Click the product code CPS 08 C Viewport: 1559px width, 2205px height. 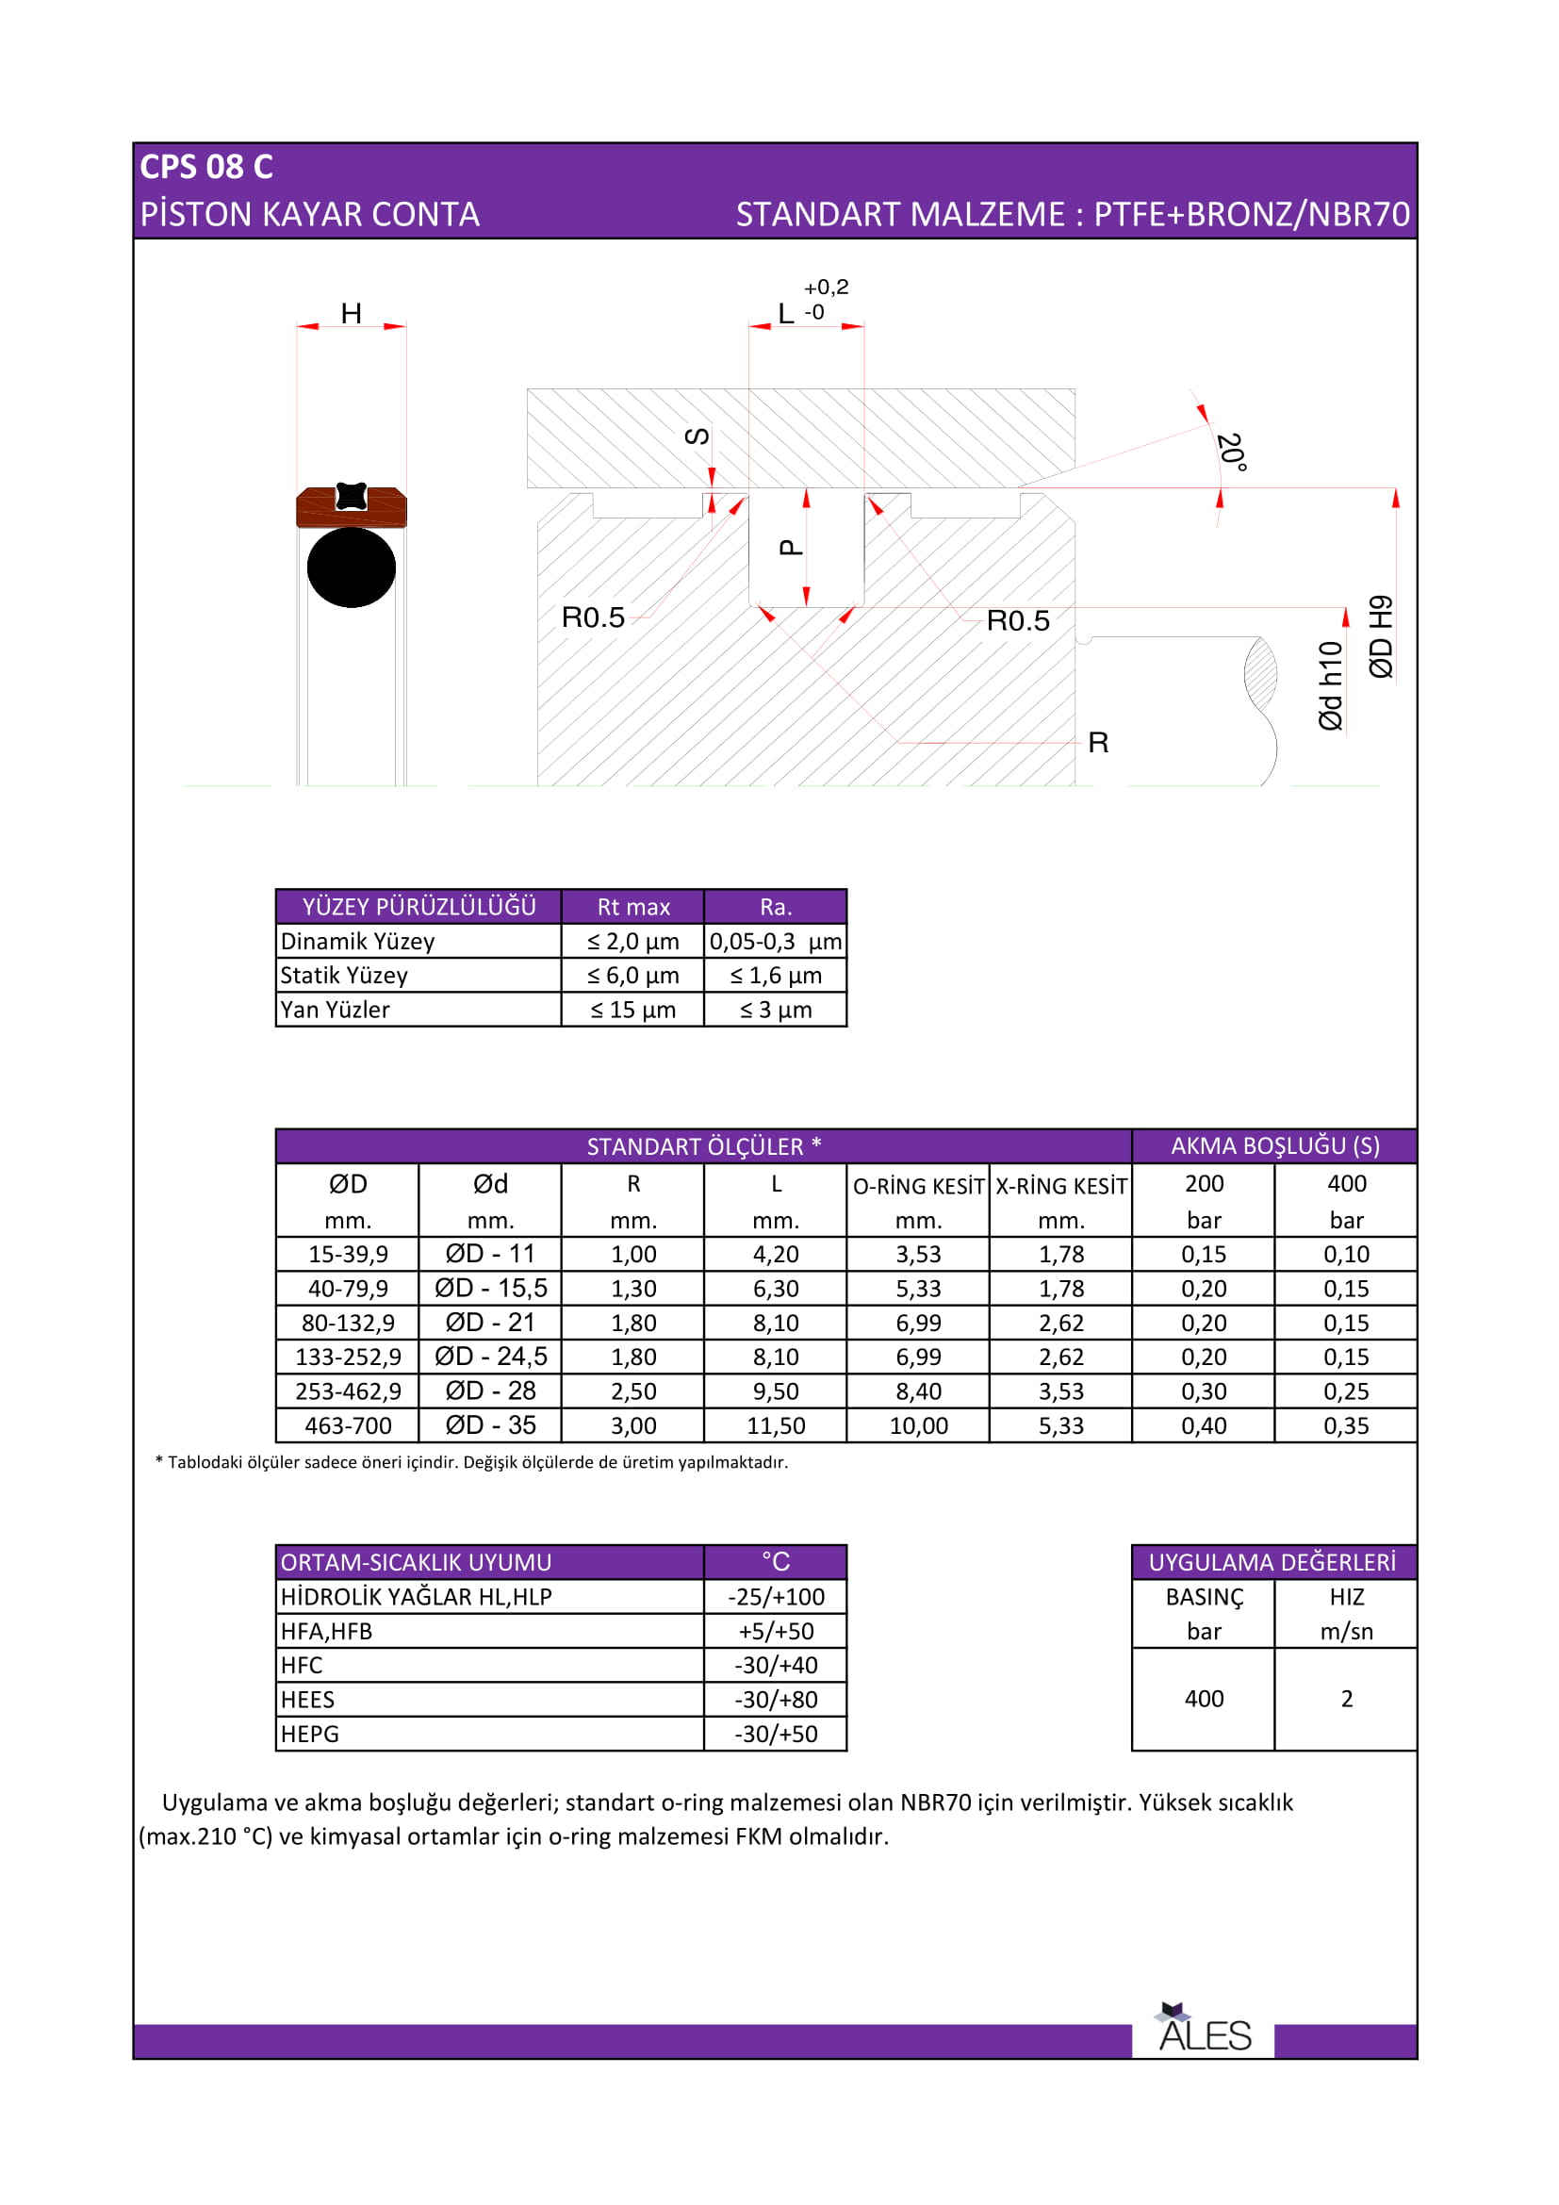(206, 167)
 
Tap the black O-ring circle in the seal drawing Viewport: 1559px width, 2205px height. (352, 567)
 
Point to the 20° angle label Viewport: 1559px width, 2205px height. (1231, 452)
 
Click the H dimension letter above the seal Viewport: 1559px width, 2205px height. (352, 313)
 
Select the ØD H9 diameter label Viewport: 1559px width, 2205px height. (1381, 636)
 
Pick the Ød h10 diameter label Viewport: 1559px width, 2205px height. (1330, 685)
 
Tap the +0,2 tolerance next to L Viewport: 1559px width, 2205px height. (826, 288)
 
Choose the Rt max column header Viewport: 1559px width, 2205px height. (633, 907)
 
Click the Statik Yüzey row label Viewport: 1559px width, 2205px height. (345, 976)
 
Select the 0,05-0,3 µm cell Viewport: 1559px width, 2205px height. (776, 941)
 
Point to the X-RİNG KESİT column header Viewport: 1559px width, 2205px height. (1060, 1186)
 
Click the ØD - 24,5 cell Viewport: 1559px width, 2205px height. (490, 1356)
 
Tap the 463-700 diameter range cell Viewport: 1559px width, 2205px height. (348, 1425)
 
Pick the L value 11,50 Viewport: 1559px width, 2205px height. (776, 1425)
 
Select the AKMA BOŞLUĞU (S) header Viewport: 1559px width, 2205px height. (1275, 1145)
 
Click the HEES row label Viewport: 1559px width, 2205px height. (308, 1700)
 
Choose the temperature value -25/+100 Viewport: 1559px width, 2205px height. (776, 1597)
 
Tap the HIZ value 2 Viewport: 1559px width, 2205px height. (1347, 1699)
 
